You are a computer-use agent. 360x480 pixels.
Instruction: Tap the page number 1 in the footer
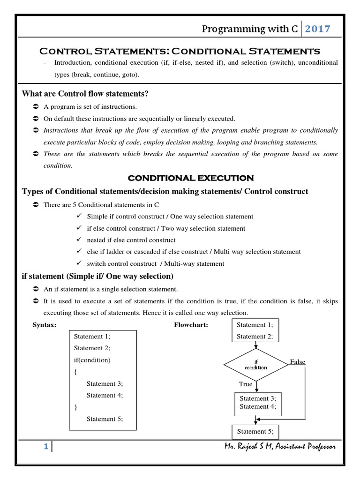(46, 447)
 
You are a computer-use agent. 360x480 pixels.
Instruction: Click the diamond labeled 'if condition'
(256, 365)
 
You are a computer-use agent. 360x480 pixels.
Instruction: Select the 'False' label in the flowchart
(297, 362)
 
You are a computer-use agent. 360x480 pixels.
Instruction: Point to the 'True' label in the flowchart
(246, 384)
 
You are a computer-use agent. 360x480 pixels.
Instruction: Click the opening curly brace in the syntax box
(75, 371)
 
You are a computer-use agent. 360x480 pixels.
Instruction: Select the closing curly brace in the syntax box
(75, 407)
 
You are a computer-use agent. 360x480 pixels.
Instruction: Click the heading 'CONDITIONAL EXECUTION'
(191, 178)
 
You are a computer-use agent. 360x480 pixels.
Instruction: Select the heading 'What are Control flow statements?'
(85, 94)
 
